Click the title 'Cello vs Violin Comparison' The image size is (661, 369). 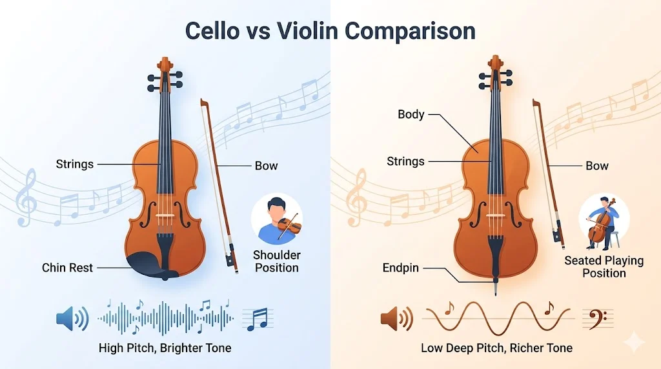click(x=330, y=31)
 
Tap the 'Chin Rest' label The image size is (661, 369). click(x=68, y=267)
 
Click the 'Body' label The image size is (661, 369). click(x=411, y=114)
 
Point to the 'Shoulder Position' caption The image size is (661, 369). click(x=276, y=261)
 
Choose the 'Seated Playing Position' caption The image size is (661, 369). click(x=604, y=266)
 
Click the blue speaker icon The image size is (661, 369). click(x=72, y=318)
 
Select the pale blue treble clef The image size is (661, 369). click(x=26, y=197)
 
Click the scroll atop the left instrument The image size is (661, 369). click(x=165, y=65)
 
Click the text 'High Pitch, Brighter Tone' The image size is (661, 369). click(x=165, y=348)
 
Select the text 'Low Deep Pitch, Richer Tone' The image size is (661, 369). click(x=496, y=348)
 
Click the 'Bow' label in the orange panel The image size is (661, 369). click(x=596, y=166)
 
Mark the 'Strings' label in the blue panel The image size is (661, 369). click(x=75, y=164)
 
